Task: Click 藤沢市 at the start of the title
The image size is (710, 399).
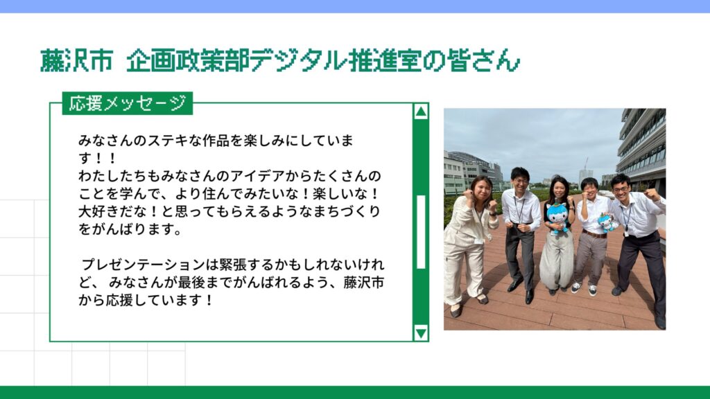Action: pyautogui.click(x=76, y=61)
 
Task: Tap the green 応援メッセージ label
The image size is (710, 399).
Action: pyautogui.click(x=128, y=103)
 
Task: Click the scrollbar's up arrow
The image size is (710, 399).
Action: pyautogui.click(x=421, y=112)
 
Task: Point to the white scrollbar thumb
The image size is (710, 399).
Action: pyautogui.click(x=421, y=232)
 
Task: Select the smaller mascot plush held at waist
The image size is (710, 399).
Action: pyautogui.click(x=607, y=222)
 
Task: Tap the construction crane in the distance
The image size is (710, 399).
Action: pyautogui.click(x=585, y=164)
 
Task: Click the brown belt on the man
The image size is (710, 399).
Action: pyautogui.click(x=594, y=234)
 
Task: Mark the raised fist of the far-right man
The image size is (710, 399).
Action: pyautogui.click(x=652, y=195)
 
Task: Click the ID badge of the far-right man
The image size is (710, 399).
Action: pyautogui.click(x=627, y=233)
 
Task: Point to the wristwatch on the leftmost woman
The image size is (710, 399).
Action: pyautogui.click(x=493, y=214)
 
